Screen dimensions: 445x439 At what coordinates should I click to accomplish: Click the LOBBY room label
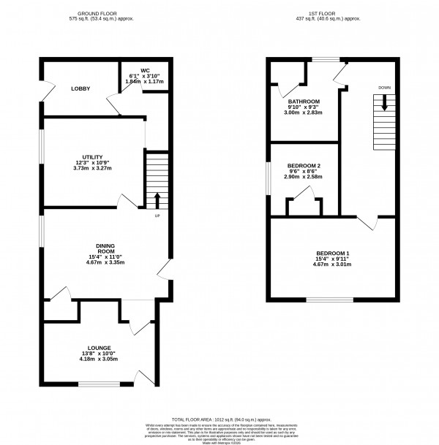click(x=80, y=88)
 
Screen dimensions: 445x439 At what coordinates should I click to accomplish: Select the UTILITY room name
click(x=93, y=156)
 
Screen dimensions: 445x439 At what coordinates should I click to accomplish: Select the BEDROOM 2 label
click(x=301, y=164)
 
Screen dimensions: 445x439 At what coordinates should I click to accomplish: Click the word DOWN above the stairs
click(x=384, y=88)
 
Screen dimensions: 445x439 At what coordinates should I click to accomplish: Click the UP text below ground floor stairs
click(x=157, y=216)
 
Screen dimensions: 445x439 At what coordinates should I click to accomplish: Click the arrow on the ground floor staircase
click(x=157, y=199)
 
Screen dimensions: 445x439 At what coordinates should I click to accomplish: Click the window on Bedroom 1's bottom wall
click(x=328, y=300)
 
